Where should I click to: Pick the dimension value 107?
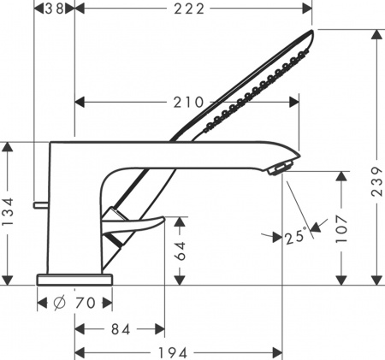point(342,227)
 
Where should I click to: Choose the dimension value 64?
point(181,251)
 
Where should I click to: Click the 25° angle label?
point(295,237)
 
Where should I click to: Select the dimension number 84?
point(120,328)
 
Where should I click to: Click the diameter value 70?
point(86,304)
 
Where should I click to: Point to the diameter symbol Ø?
point(59,304)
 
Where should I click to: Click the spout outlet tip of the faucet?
point(280,169)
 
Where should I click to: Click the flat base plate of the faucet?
point(75,279)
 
